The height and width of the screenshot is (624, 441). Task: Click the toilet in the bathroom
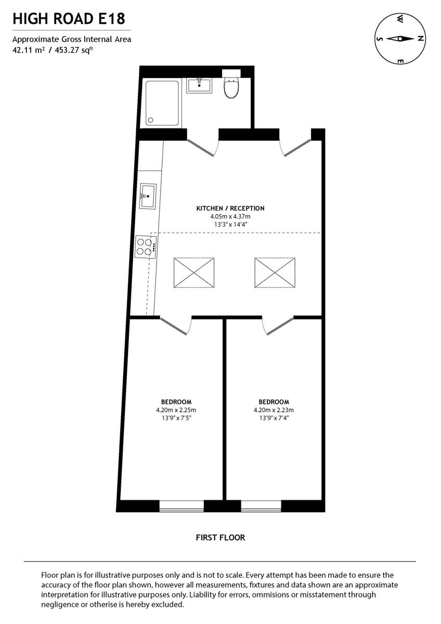[x=231, y=88]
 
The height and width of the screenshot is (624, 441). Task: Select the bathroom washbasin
[x=199, y=85]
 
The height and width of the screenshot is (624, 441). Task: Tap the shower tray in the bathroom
[x=162, y=103]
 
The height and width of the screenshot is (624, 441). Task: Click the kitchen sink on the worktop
[x=148, y=196]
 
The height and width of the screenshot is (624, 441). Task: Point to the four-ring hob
[x=146, y=246]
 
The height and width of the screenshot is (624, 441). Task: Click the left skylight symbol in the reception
[x=194, y=272]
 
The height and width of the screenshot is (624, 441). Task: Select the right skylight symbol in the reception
[x=275, y=272]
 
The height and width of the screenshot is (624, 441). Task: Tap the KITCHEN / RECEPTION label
[x=230, y=208]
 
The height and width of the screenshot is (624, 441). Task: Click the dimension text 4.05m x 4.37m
[x=230, y=216]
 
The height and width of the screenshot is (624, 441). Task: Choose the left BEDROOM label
[x=176, y=402]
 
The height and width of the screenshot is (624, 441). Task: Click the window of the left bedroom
[x=181, y=506]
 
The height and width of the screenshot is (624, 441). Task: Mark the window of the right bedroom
[x=261, y=506]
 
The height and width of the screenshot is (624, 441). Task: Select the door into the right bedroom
[x=278, y=326]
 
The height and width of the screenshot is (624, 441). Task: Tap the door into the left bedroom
[x=176, y=326]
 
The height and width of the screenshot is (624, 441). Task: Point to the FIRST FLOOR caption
[x=220, y=537]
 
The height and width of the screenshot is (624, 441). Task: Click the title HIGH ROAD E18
[x=69, y=19]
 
